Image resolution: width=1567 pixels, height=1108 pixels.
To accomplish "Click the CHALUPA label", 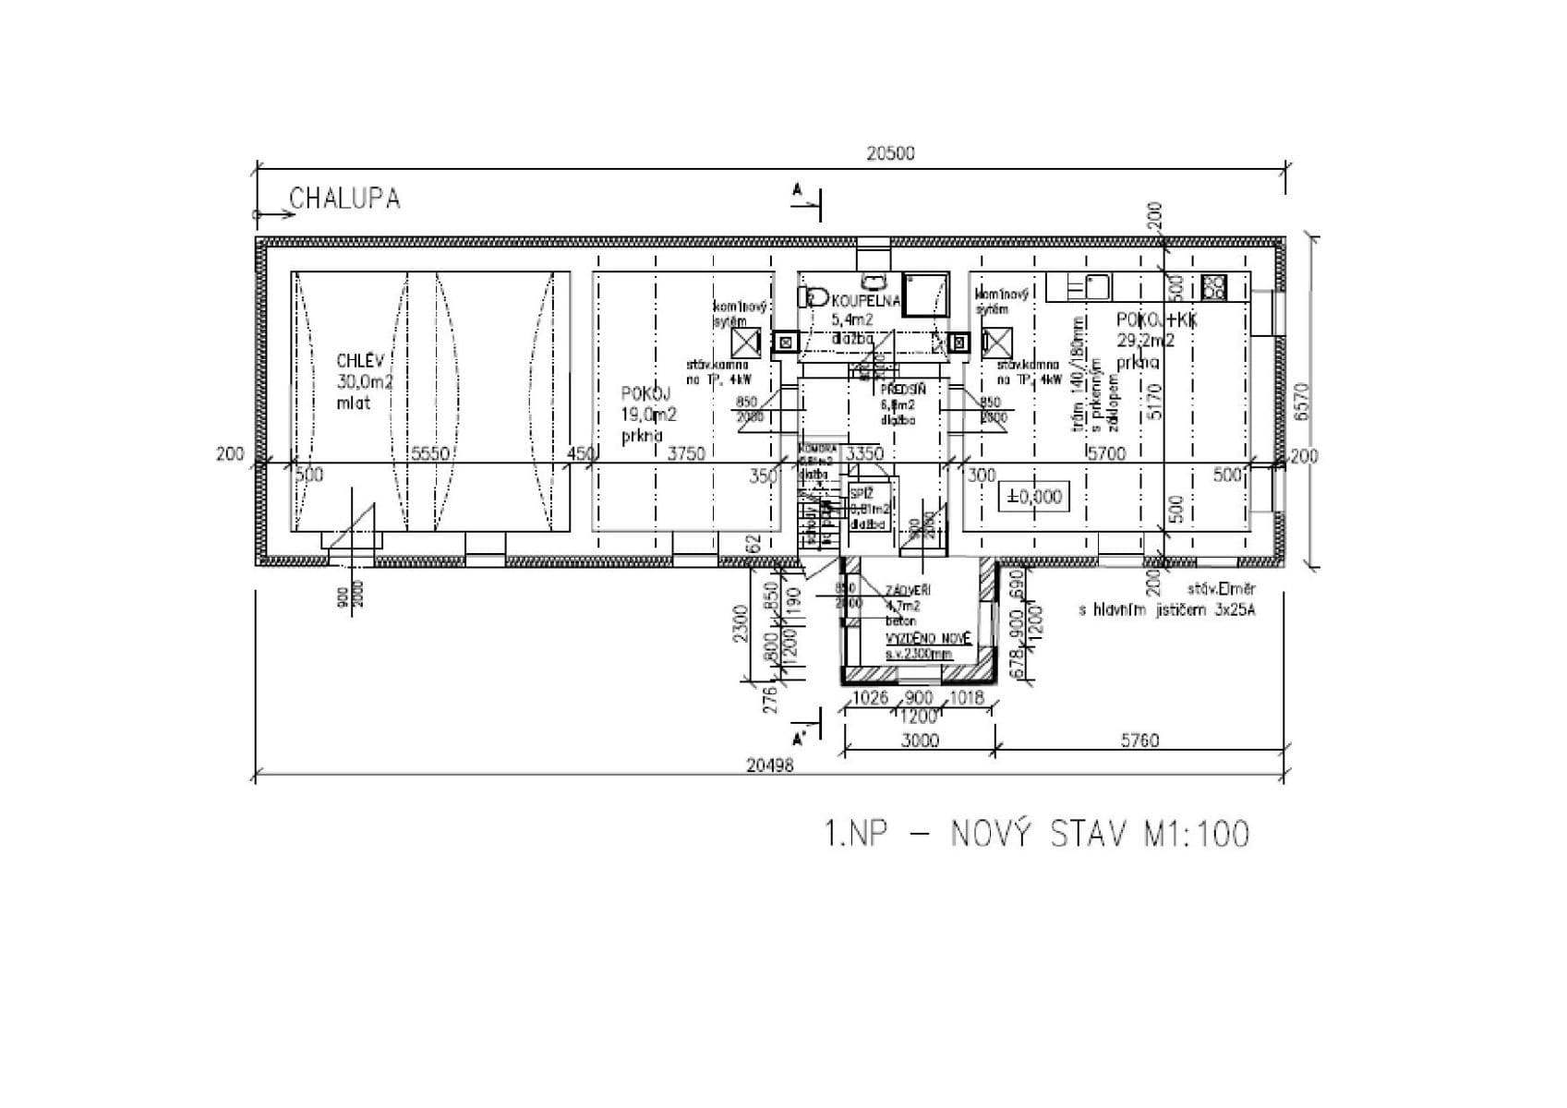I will pos(344,199).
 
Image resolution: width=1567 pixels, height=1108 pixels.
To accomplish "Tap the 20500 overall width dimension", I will pos(890,153).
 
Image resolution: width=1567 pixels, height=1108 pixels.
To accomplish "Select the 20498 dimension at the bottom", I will pos(771,765).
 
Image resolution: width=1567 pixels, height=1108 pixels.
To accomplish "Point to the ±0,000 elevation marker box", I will pos(1033,497).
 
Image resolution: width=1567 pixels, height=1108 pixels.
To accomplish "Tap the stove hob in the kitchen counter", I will pos(1213,287).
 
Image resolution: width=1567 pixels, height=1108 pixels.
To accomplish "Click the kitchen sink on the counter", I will pos(1097,286).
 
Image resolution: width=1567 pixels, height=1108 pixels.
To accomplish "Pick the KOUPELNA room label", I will pos(866,301).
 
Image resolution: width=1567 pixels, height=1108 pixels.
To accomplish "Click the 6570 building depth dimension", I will pos(1301,402).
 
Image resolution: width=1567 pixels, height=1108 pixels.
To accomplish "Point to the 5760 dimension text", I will pos(1139,741).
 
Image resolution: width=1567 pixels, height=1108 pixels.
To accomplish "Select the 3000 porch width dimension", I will pos(920,741).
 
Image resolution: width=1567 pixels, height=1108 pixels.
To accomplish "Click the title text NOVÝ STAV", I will pos(1038,835).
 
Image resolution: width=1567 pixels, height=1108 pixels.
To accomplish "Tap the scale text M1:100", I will pos(1197,835).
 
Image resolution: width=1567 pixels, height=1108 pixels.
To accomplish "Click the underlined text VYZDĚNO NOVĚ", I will pos(928,639).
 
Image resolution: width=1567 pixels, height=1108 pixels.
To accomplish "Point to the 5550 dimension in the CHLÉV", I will pos(430,453).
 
